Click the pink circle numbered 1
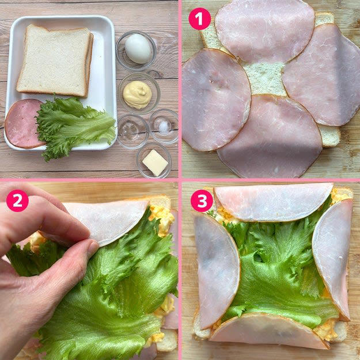199,19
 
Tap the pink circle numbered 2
17,200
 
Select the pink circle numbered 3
202,200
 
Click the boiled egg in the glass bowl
138,48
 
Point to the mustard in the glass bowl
137,94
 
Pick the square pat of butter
155,163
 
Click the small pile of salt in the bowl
164,126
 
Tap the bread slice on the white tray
55,61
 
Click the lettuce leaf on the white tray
74,126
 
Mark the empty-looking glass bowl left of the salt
133,131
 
